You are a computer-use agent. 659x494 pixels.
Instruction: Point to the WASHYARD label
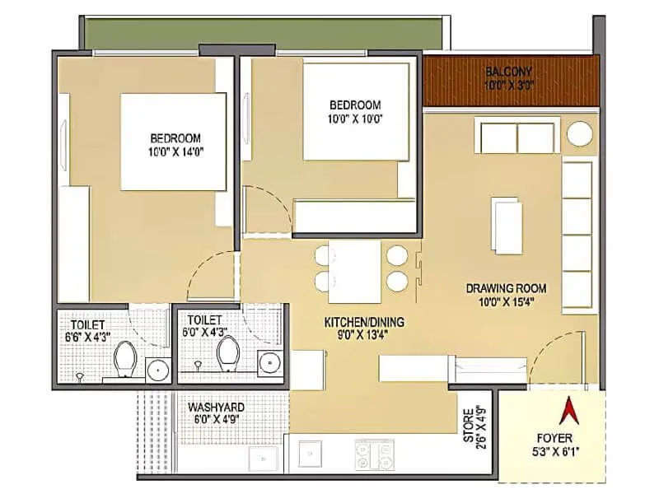click(x=216, y=408)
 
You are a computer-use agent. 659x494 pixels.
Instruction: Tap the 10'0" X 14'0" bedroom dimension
click(x=175, y=151)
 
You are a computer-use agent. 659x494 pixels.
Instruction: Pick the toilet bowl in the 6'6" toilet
click(x=125, y=359)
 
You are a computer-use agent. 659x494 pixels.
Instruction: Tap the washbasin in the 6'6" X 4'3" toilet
click(x=157, y=370)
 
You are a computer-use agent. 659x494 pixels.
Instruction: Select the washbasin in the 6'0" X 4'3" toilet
click(x=269, y=362)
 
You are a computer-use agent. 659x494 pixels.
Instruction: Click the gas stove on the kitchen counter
click(x=373, y=454)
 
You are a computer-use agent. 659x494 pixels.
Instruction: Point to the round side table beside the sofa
click(x=581, y=134)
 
